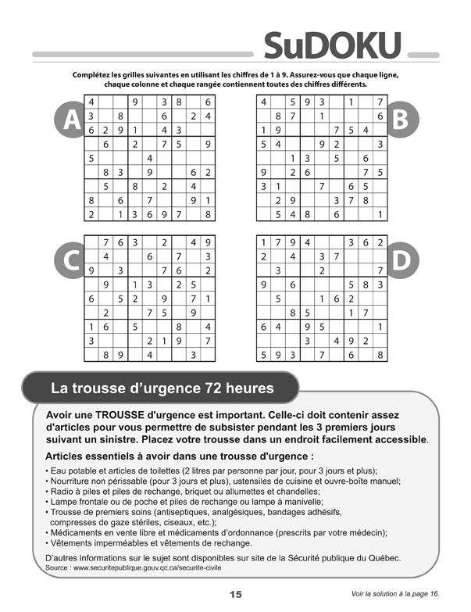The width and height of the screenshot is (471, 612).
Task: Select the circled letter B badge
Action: [400, 119]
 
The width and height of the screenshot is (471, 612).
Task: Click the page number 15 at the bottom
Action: [235, 594]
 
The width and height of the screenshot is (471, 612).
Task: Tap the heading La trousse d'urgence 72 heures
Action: [162, 387]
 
